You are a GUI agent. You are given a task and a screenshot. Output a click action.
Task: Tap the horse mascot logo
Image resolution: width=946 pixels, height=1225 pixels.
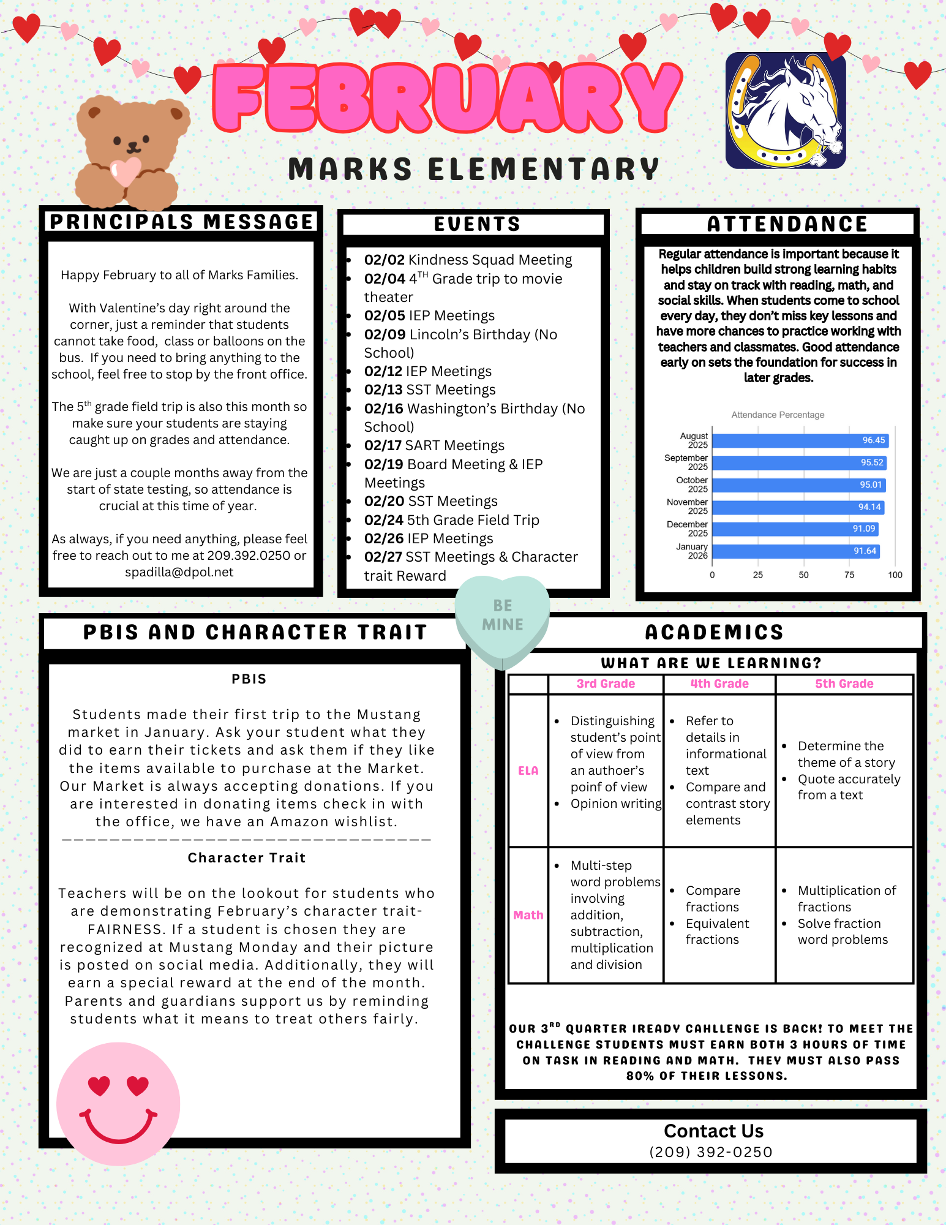[786, 111]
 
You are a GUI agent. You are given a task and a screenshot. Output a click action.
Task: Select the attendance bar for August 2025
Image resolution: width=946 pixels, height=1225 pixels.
[800, 440]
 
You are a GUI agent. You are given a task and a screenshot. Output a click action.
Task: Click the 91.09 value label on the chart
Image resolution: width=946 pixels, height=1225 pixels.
[864, 529]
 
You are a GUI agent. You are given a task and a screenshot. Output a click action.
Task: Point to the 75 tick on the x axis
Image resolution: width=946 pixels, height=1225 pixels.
[849, 575]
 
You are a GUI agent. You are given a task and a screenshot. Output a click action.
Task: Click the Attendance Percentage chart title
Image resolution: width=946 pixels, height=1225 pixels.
[778, 415]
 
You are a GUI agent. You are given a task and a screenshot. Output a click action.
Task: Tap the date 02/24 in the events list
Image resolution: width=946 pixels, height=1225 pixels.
[384, 520]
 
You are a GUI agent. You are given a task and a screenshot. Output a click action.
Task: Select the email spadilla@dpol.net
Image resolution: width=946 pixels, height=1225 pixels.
[179, 572]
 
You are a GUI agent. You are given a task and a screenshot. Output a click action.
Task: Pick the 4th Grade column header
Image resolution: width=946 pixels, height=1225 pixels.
[719, 684]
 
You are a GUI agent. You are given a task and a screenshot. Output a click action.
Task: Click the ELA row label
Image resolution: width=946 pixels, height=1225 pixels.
[528, 771]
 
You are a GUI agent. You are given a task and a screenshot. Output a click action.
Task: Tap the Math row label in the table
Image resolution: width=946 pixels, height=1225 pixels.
[528, 915]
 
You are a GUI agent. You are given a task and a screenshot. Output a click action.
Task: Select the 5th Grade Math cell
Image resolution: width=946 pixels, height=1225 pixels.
[844, 915]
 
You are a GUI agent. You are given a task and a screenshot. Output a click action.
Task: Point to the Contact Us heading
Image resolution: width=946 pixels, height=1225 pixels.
[713, 1131]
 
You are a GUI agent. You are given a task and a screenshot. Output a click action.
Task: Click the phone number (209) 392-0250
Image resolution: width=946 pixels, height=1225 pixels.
[711, 1152]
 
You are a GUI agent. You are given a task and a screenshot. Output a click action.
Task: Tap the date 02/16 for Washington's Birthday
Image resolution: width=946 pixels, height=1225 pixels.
[384, 409]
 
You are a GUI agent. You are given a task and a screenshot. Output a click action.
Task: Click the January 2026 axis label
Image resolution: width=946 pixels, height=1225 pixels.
[693, 551]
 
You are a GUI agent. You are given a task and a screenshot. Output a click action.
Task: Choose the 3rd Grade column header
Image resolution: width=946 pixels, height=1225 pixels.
[606, 684]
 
